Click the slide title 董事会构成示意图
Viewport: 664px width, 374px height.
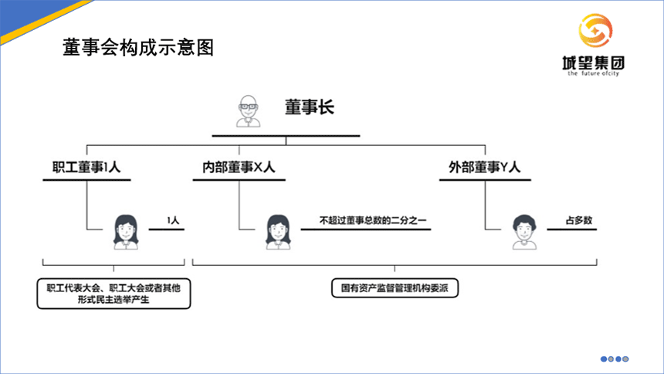pyautogui.click(x=137, y=49)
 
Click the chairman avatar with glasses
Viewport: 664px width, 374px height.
pyautogui.click(x=248, y=111)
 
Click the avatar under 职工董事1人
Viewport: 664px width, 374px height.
pyautogui.click(x=126, y=229)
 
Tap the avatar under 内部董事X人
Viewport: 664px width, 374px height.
pyautogui.click(x=276, y=229)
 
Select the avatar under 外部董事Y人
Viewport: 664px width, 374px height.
pyautogui.click(x=523, y=229)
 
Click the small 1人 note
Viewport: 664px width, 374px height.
pyautogui.click(x=173, y=221)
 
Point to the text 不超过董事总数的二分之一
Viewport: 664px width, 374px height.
pyautogui.click(x=373, y=221)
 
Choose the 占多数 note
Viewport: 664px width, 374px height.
pyautogui.click(x=579, y=221)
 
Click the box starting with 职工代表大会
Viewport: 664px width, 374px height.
pyautogui.click(x=113, y=293)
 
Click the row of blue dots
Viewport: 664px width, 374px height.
pyautogui.click(x=615, y=359)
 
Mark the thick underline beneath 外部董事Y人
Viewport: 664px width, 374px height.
pyautogui.click(x=485, y=181)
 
